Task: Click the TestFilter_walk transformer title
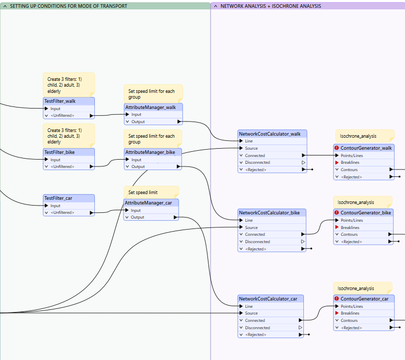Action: pyautogui.click(x=60, y=101)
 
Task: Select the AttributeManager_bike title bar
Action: pyautogui.click(x=153, y=152)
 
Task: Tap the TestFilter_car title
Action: pyautogui.click(x=58, y=198)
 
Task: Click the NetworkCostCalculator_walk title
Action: pyautogui.click(x=269, y=134)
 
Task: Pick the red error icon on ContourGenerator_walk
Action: pyautogui.click(x=337, y=148)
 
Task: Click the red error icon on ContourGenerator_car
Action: pyautogui.click(x=337, y=298)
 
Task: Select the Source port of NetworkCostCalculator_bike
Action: pyautogui.click(x=251, y=227)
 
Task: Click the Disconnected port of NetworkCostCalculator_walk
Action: pyautogui.click(x=257, y=162)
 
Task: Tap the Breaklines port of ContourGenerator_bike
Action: pyautogui.click(x=350, y=227)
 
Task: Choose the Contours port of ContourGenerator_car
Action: pyautogui.click(x=349, y=320)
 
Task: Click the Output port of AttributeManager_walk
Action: pyautogui.click(x=138, y=122)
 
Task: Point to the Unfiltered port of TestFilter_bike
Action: pyautogui.click(x=62, y=166)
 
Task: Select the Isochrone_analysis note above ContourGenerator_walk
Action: pyautogui.click(x=365, y=136)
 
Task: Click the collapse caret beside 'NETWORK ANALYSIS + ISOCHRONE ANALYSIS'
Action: pyautogui.click(x=216, y=6)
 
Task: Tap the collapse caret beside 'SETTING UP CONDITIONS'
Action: pyautogui.click(x=5, y=6)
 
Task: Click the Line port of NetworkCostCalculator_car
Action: pyautogui.click(x=249, y=306)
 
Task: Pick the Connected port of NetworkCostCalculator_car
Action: pyautogui.click(x=255, y=320)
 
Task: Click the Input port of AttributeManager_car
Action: pyautogui.click(x=136, y=210)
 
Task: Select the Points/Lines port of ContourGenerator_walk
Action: pyautogui.click(x=351, y=155)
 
